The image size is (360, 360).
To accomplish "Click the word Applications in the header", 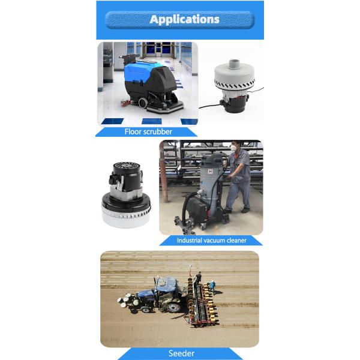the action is coord(184,20).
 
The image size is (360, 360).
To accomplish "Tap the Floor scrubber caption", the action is coord(148,132).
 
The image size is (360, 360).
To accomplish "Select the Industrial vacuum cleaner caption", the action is coord(211,241).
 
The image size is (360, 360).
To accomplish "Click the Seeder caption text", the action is coord(181,353).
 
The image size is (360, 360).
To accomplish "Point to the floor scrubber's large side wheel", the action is coord(143,103).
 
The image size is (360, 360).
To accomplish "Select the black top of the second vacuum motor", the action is coord(126,175).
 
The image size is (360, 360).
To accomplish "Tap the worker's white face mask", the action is coord(233,148).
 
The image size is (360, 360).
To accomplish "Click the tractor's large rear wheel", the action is coord(174,307).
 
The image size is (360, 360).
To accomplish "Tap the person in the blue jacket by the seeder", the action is coord(213,287).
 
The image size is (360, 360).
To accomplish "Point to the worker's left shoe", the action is coord(245,210).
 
